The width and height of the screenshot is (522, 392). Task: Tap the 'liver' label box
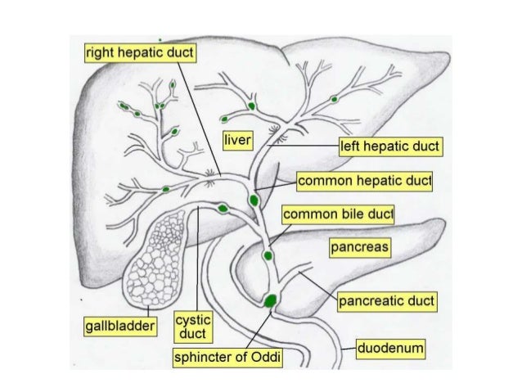click(x=237, y=138)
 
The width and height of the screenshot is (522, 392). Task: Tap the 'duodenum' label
click(x=389, y=349)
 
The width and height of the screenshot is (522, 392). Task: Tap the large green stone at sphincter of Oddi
click(x=271, y=301)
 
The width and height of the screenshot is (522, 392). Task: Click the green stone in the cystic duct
click(x=223, y=209)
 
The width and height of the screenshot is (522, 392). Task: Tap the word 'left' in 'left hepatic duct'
click(x=350, y=147)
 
